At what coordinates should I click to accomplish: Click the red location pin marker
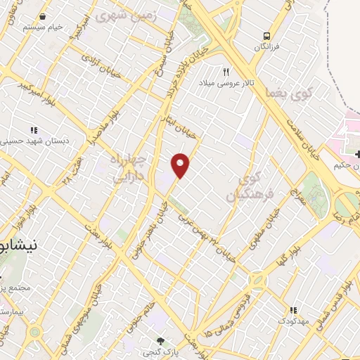pyautogui.click(x=181, y=166)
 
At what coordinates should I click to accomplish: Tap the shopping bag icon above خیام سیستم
pyautogui.click(x=44, y=16)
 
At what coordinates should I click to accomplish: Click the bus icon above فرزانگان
pyautogui.click(x=266, y=35)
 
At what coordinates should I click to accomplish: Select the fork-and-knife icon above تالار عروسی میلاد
pyautogui.click(x=226, y=72)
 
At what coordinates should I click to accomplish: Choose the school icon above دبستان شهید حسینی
pyautogui.click(x=33, y=130)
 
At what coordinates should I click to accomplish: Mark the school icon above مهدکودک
pyautogui.click(x=293, y=310)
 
